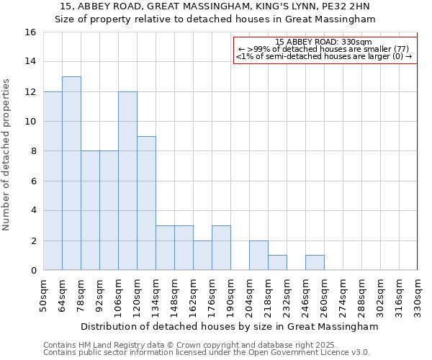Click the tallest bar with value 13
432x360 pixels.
[x=71, y=174]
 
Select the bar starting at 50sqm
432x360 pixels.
[x=53, y=181]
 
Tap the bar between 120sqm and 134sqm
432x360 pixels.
[x=146, y=203]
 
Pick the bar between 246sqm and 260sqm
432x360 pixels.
[x=315, y=263]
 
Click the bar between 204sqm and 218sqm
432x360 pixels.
[x=258, y=256]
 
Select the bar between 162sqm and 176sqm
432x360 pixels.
[x=202, y=256]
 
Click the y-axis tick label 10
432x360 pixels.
[x=30, y=122]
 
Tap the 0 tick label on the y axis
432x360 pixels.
[x=33, y=271]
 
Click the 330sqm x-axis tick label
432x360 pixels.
[x=418, y=296]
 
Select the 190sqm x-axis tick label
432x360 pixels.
[x=230, y=296]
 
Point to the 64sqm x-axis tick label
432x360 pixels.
[x=62, y=294]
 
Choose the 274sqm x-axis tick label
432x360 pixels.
[x=343, y=296]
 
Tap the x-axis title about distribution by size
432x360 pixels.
[x=230, y=327]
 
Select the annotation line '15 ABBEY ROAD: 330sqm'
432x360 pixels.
[x=323, y=42]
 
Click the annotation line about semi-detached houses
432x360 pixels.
[x=324, y=56]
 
